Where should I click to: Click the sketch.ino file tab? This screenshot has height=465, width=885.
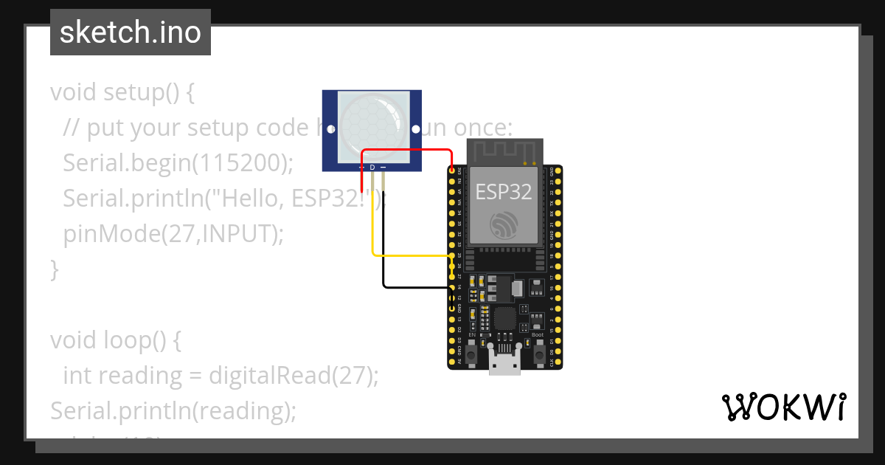(131, 32)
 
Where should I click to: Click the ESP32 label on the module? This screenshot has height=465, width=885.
(504, 193)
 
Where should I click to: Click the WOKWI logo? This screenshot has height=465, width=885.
(783, 407)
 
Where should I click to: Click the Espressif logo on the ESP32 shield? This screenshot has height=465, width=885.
(504, 225)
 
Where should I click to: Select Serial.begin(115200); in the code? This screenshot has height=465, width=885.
(178, 163)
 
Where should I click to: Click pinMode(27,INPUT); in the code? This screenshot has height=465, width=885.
(173, 233)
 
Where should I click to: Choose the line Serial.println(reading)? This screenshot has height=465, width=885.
(173, 410)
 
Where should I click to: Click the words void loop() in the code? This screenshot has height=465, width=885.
(115, 340)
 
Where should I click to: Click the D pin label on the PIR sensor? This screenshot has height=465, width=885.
(372, 168)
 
